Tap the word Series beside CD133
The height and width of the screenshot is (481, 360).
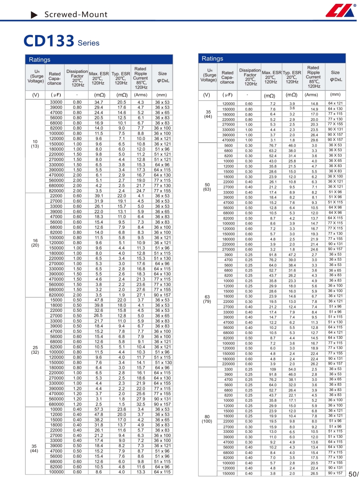[89, 43]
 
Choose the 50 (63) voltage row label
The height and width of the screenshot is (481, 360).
[207, 187]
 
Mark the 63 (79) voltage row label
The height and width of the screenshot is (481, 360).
[207, 299]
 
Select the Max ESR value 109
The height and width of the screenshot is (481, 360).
[273, 369]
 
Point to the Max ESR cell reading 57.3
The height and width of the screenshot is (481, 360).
[99, 409]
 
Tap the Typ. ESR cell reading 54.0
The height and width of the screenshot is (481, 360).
[292, 369]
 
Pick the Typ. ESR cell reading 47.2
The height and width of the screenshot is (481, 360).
[292, 254]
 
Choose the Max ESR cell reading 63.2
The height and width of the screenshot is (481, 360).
[273, 150]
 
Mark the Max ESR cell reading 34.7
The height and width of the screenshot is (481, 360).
[99, 102]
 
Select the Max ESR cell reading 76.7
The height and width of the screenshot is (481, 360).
[273, 145]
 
